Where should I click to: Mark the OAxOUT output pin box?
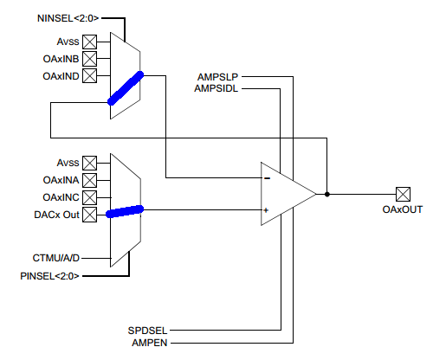[x=403, y=194]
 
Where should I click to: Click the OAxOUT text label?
[x=403, y=210]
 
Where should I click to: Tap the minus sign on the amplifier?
[x=267, y=179]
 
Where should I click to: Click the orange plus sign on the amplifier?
[x=267, y=209]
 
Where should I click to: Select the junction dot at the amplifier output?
[x=326, y=194]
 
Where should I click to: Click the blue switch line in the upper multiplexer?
[x=126, y=88]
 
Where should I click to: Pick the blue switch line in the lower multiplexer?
[x=124, y=211]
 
